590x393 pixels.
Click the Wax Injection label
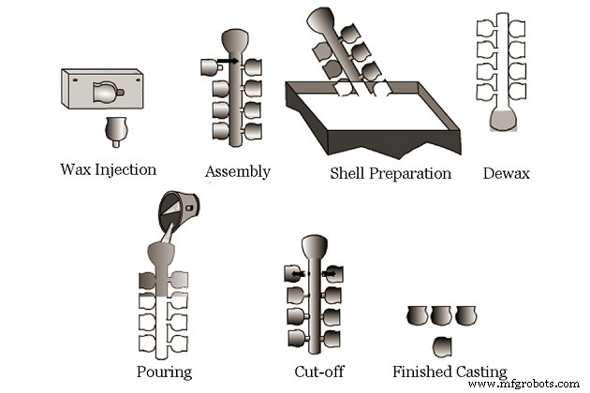coord(108,169)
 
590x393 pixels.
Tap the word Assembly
coord(238,171)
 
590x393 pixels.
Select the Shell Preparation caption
coord(391,173)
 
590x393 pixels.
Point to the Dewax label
coord(507,172)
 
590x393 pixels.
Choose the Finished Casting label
coord(450,371)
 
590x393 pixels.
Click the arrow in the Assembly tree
coord(229,64)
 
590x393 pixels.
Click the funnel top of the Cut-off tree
coord(315,247)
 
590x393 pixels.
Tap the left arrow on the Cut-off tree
coord(299,274)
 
